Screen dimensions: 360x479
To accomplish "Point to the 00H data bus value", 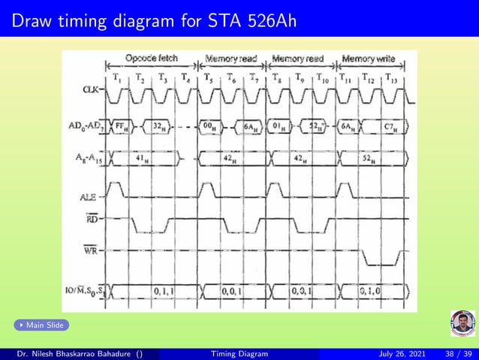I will click(212, 126).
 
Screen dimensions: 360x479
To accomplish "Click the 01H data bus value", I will click(279, 126).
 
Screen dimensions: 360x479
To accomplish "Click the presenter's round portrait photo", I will click(462, 324).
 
